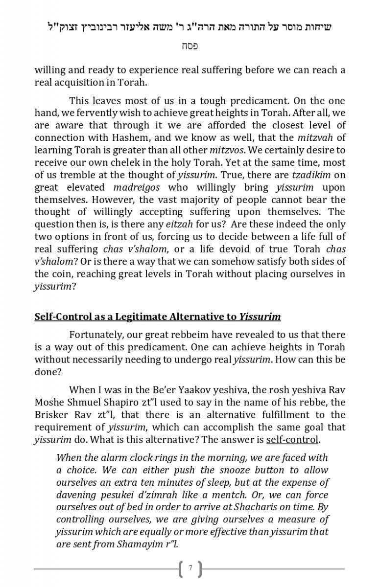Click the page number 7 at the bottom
click(x=190, y=568)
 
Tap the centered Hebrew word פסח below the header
click(x=190, y=46)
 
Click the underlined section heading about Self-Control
click(x=157, y=316)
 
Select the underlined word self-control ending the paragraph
click(x=292, y=439)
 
